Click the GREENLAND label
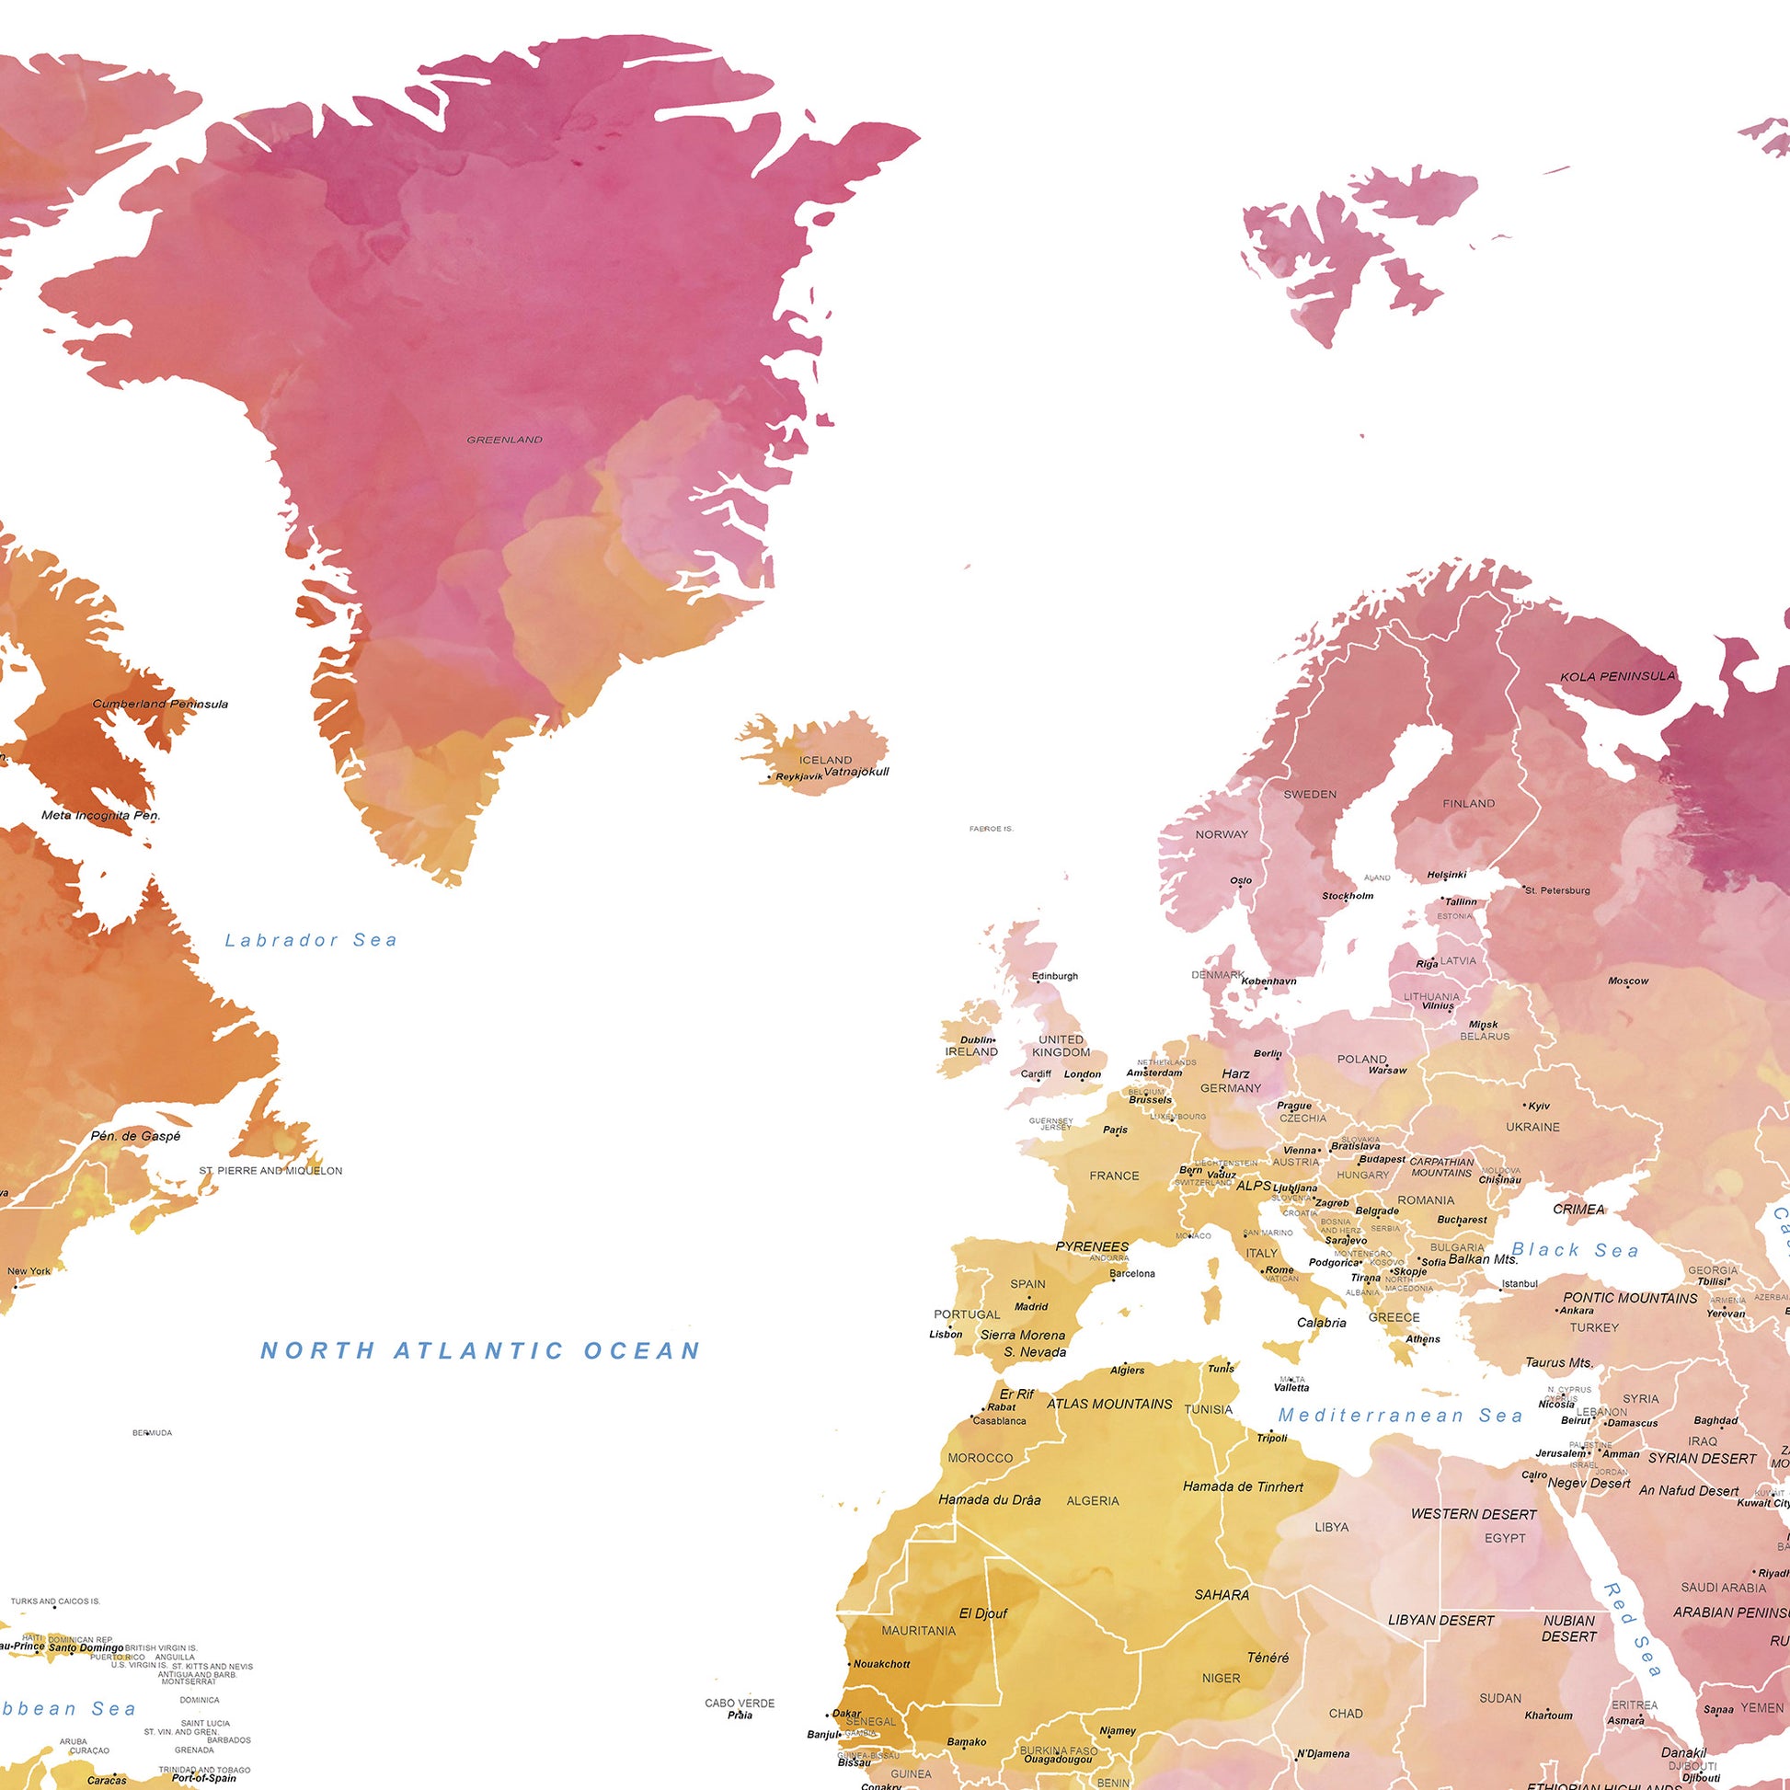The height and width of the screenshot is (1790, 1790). point(504,440)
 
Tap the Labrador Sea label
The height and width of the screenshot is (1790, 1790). point(311,940)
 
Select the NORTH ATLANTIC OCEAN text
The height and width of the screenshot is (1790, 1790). point(480,1351)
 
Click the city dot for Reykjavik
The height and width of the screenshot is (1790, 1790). point(770,777)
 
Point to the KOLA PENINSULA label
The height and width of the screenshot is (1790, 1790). point(1618,676)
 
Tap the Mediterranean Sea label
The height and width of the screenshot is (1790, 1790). point(1400,1416)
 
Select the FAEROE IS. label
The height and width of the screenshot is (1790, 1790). point(991,828)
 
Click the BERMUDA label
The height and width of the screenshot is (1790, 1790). point(152,1433)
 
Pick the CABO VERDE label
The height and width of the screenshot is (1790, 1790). point(740,1703)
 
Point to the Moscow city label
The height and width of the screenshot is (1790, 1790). point(1628,981)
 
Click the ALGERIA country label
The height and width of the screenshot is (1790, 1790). point(1093,1501)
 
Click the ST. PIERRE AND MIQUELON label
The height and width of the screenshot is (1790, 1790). point(270,1171)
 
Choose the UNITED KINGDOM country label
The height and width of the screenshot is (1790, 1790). point(1061,1046)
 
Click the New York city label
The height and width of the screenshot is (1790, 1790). point(29,1271)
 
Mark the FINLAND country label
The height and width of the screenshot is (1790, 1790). point(1468,803)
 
